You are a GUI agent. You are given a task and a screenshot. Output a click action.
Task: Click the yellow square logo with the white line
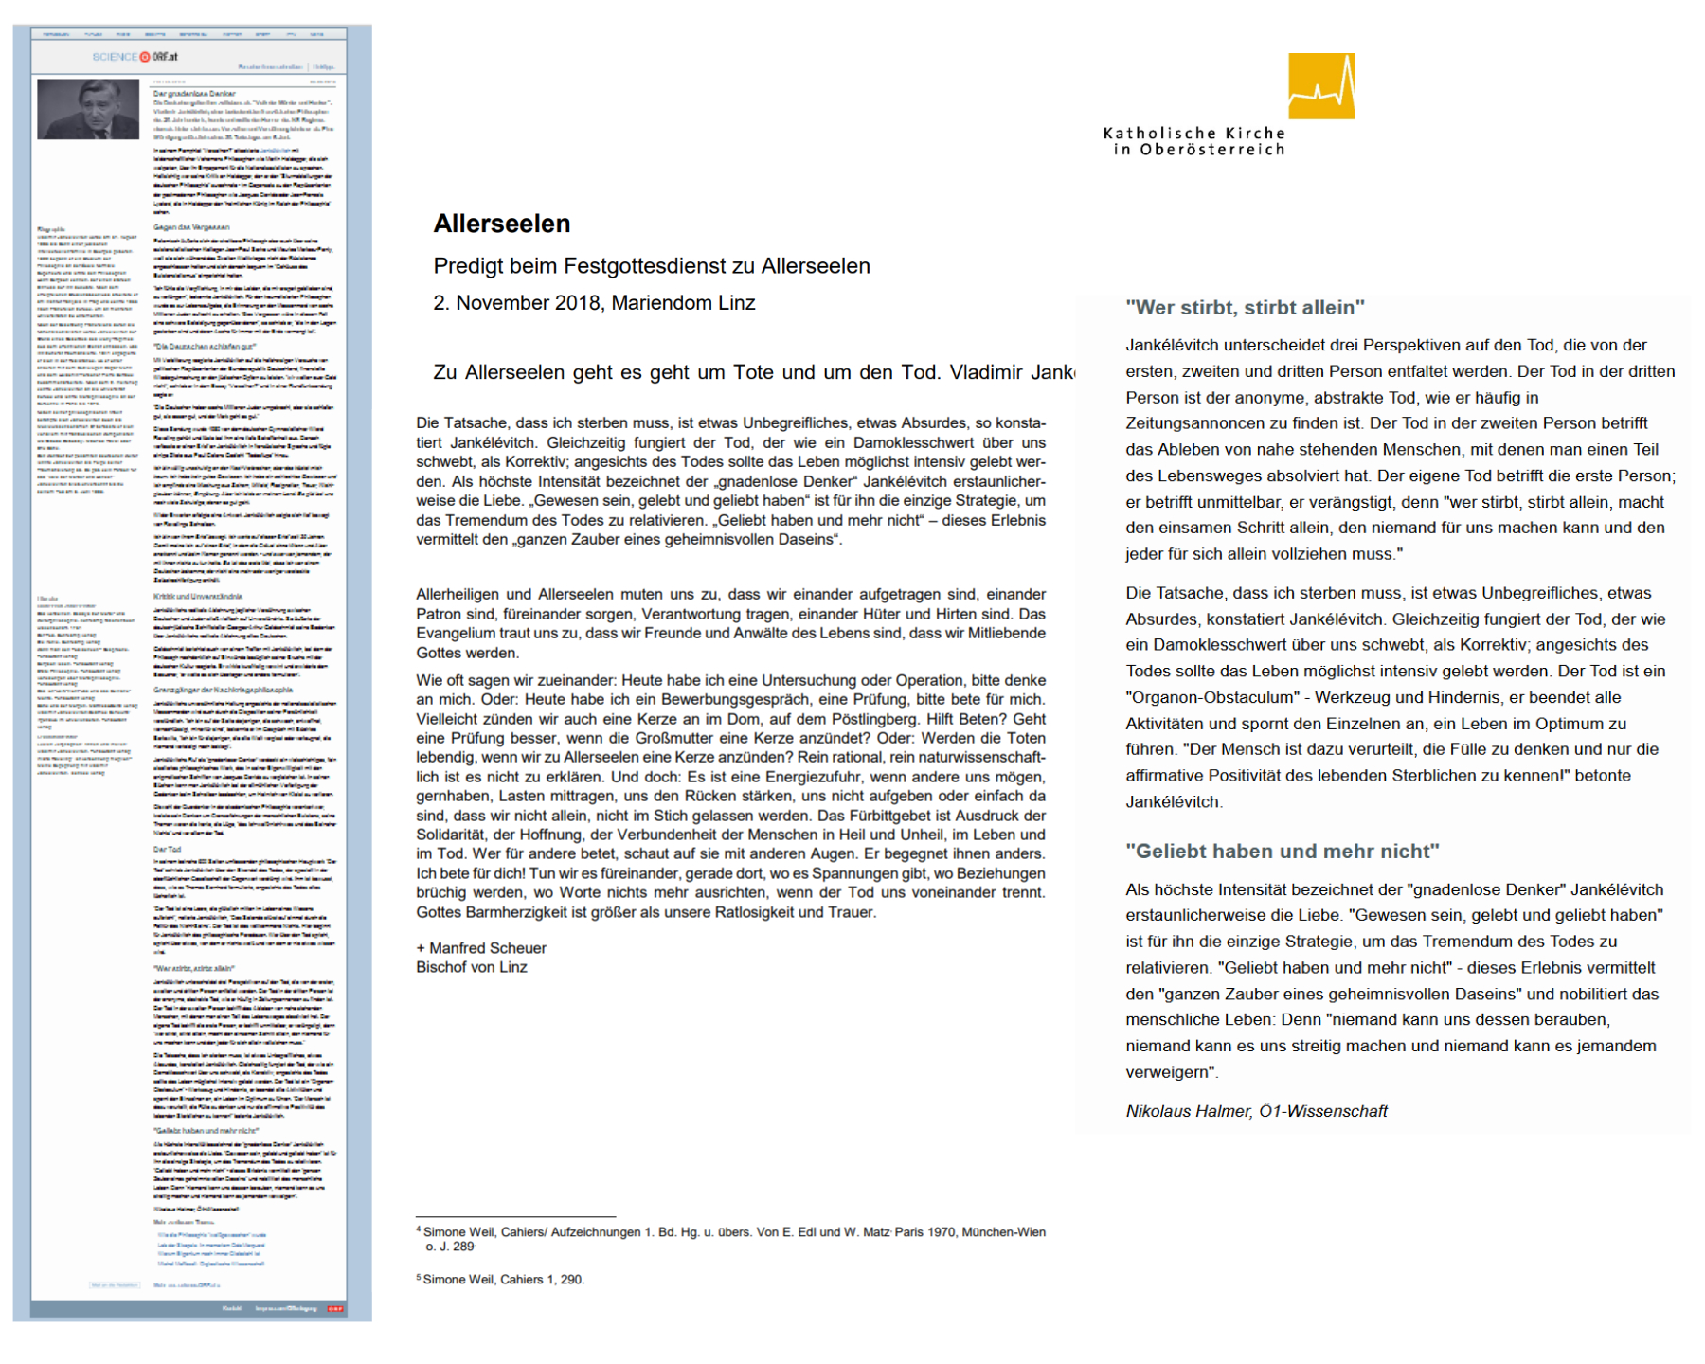coord(1321,86)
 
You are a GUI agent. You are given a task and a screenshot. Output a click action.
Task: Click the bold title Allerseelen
coord(502,224)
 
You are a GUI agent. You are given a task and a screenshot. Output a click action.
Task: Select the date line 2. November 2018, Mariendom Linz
coord(594,303)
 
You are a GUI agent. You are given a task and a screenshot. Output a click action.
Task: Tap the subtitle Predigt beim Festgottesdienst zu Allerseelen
coord(652,266)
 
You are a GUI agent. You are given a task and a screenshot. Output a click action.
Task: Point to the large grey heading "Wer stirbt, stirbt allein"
coord(1245,308)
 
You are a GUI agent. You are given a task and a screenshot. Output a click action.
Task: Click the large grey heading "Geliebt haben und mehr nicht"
coord(1282,852)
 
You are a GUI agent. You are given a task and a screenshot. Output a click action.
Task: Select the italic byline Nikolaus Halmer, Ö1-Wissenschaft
coord(1256,1111)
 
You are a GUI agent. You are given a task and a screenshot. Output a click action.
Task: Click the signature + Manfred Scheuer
coord(481,948)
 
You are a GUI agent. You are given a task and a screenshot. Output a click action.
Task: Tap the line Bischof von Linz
coord(472,967)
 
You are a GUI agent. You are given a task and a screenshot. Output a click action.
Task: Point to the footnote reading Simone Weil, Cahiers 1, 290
coord(503,1280)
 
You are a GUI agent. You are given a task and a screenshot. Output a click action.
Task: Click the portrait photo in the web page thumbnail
coord(88,109)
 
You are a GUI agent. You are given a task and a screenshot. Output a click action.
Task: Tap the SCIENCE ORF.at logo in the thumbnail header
coord(135,57)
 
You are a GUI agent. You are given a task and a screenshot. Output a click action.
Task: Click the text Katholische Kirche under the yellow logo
coord(1193,134)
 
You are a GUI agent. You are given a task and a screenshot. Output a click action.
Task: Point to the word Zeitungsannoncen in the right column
coord(1198,423)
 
